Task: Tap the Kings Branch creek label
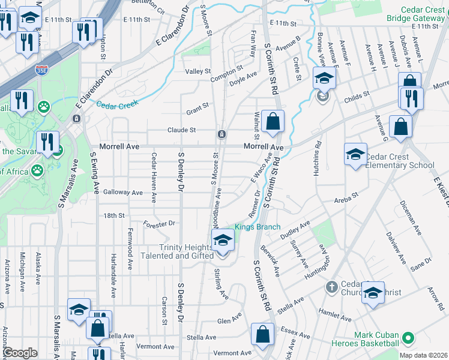[258, 227]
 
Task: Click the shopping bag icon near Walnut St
[273, 121]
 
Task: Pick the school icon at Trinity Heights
[223, 241]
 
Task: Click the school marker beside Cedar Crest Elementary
[355, 154]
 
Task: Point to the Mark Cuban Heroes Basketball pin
[409, 338]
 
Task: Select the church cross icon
[331, 287]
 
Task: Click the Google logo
[20, 353]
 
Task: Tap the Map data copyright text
[423, 355]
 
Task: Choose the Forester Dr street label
[159, 224]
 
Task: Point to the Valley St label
[197, 71]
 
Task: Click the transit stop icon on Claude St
[221, 133]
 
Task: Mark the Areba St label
[346, 196]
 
